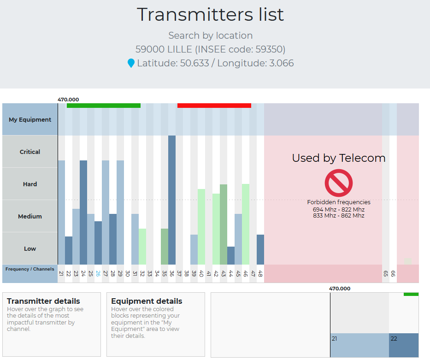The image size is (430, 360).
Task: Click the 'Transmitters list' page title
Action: [x=210, y=15]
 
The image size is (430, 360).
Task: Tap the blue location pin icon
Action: [x=131, y=63]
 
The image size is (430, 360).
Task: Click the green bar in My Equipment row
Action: [x=103, y=106]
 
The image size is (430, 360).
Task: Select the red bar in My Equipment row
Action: [x=214, y=106]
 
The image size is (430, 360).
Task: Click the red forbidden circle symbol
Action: [x=338, y=183]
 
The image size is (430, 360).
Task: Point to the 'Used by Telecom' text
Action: [x=338, y=158]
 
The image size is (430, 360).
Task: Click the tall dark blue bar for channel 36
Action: [x=172, y=200]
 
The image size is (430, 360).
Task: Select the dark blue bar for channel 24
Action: [x=83, y=212]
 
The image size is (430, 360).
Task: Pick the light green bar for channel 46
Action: [x=246, y=224]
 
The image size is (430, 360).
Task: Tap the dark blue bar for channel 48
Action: [x=260, y=249]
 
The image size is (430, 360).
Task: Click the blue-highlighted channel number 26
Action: [x=98, y=273]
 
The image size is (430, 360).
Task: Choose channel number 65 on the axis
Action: [x=386, y=273]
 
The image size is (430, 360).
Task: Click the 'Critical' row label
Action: [x=30, y=152]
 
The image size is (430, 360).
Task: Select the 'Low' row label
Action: [x=30, y=248]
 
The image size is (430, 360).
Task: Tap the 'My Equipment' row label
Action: [x=30, y=119]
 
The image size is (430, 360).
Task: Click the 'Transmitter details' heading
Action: [x=43, y=301]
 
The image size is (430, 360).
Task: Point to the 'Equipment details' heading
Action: [x=147, y=301]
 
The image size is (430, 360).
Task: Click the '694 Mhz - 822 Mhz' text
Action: [x=338, y=209]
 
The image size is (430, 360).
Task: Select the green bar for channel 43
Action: [x=224, y=224]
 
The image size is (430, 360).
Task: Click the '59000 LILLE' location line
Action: [x=210, y=49]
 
